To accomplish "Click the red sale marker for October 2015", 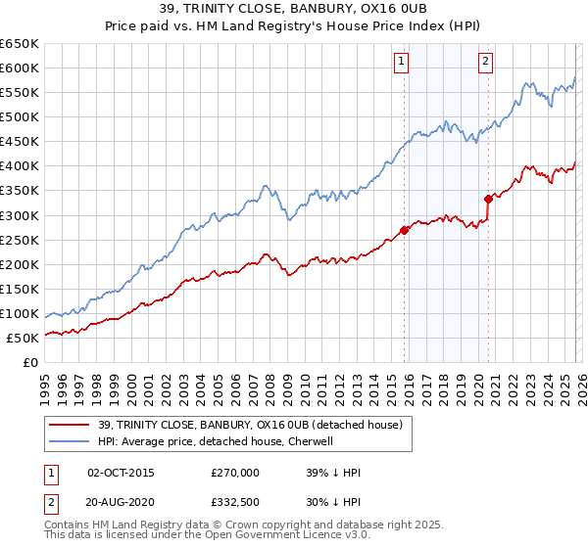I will click(x=404, y=230).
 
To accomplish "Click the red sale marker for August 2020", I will click(x=488, y=199).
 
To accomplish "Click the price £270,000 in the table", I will click(x=234, y=473).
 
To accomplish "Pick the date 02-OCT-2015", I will click(x=121, y=473).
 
